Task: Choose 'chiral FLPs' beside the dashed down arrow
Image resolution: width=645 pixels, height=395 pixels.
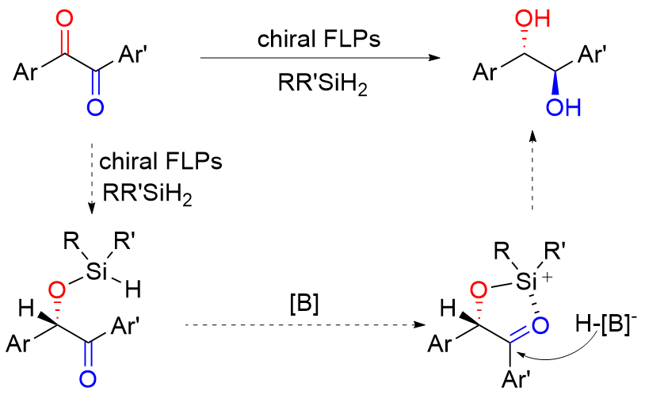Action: (x=160, y=161)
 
